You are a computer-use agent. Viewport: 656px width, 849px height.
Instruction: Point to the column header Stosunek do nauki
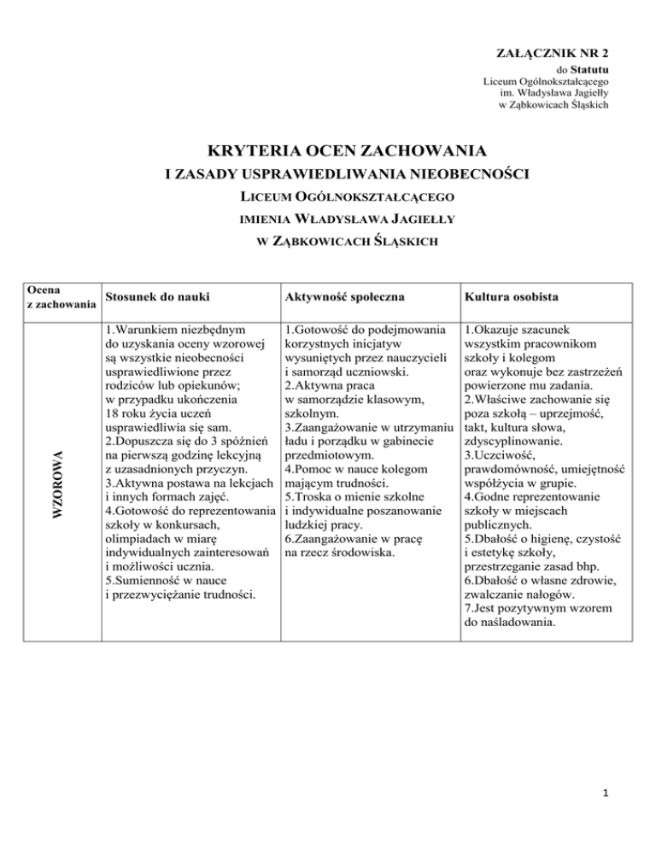(x=155, y=299)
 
